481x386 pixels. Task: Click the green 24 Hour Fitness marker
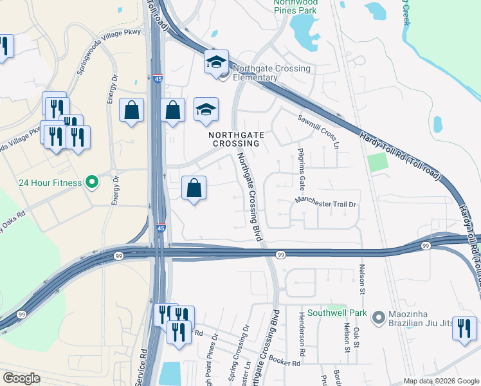pyautogui.click(x=92, y=183)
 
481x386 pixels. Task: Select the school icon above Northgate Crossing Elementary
pyautogui.click(x=217, y=62)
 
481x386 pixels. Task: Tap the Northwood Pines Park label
pyautogui.click(x=296, y=6)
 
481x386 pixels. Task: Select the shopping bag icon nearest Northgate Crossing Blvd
pyautogui.click(x=194, y=188)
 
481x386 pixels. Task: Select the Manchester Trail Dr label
pyautogui.click(x=325, y=203)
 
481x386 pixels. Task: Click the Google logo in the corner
pyautogui.click(x=21, y=378)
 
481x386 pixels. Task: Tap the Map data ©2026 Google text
pyautogui.click(x=441, y=381)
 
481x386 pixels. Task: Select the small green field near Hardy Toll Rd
pyautogui.click(x=378, y=162)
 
